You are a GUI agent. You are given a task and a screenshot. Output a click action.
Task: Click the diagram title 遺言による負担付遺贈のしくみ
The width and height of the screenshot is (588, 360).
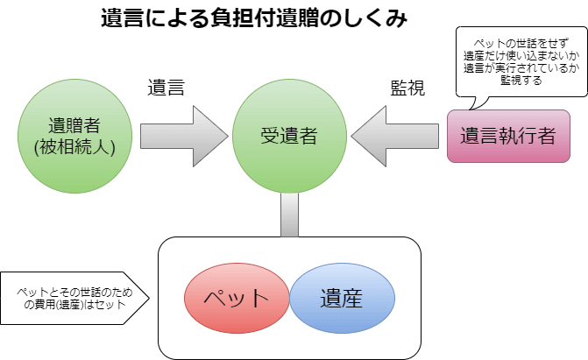[255, 19]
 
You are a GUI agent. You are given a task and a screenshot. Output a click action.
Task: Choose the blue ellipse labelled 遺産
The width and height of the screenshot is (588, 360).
[341, 296]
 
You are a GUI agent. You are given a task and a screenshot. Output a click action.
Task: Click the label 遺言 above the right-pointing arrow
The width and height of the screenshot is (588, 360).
[166, 88]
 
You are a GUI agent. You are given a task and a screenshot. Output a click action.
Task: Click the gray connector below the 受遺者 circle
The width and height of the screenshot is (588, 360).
[289, 215]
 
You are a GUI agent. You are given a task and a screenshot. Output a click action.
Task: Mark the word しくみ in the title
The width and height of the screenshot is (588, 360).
[378, 19]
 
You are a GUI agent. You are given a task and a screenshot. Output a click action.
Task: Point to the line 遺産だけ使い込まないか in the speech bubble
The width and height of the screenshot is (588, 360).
[513, 55]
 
